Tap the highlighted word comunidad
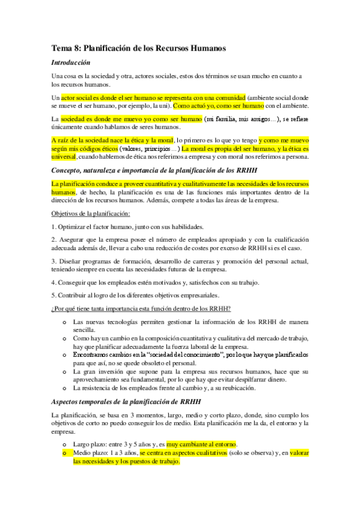(228, 96)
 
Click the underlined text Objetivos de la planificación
(90, 214)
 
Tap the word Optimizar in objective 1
(74, 227)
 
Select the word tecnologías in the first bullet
(123, 322)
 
